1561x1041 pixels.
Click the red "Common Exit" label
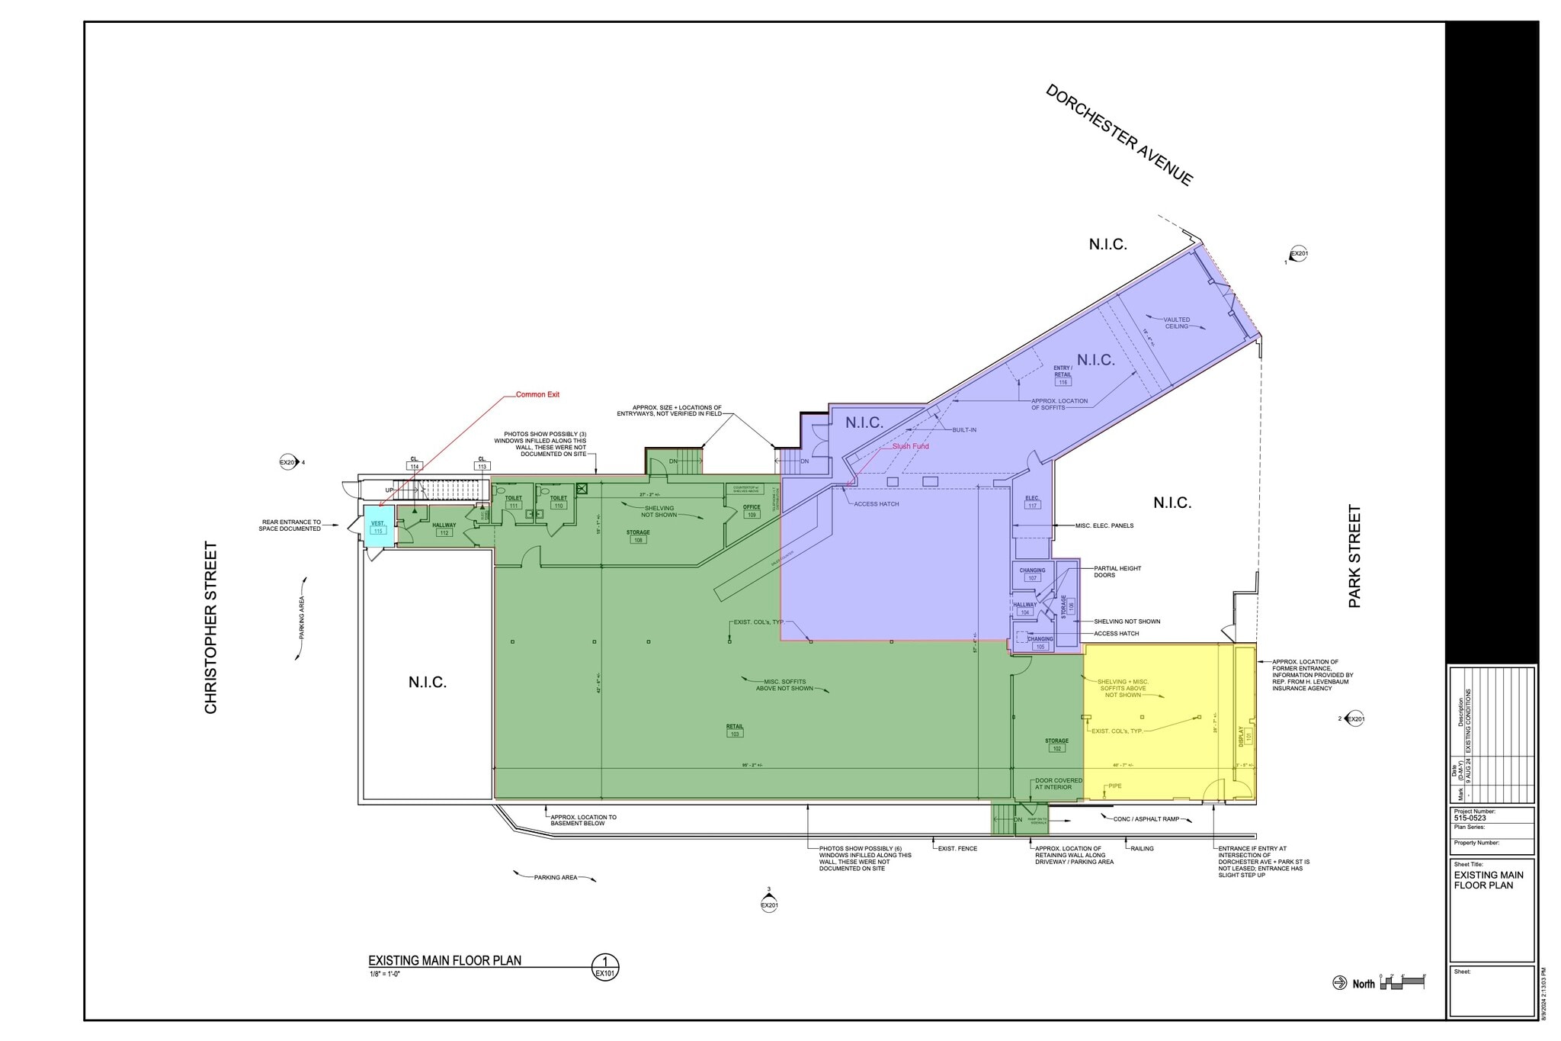coord(537,394)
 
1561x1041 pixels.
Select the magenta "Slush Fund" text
coord(910,446)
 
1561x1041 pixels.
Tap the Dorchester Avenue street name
coord(1119,134)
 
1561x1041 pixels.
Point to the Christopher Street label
coord(211,627)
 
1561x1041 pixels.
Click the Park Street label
coord(1354,556)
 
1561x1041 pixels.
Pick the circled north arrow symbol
coord(1339,983)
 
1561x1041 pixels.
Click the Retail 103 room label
coord(735,730)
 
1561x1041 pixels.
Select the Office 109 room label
coord(752,511)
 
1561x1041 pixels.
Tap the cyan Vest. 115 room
coord(378,527)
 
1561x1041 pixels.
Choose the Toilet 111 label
coord(514,502)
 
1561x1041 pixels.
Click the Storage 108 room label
coord(638,536)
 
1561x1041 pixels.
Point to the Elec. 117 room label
coord(1033,502)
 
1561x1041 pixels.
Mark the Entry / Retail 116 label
coord(1063,374)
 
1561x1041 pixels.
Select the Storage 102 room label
coord(1056,744)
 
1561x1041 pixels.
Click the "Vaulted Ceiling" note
coord(1176,323)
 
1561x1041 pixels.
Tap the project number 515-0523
coord(1470,818)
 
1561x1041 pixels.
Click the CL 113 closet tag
coord(482,463)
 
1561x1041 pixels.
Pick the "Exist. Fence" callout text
coord(957,848)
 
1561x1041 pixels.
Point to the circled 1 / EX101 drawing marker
coord(605,966)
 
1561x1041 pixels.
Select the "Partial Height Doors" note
coord(1117,571)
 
